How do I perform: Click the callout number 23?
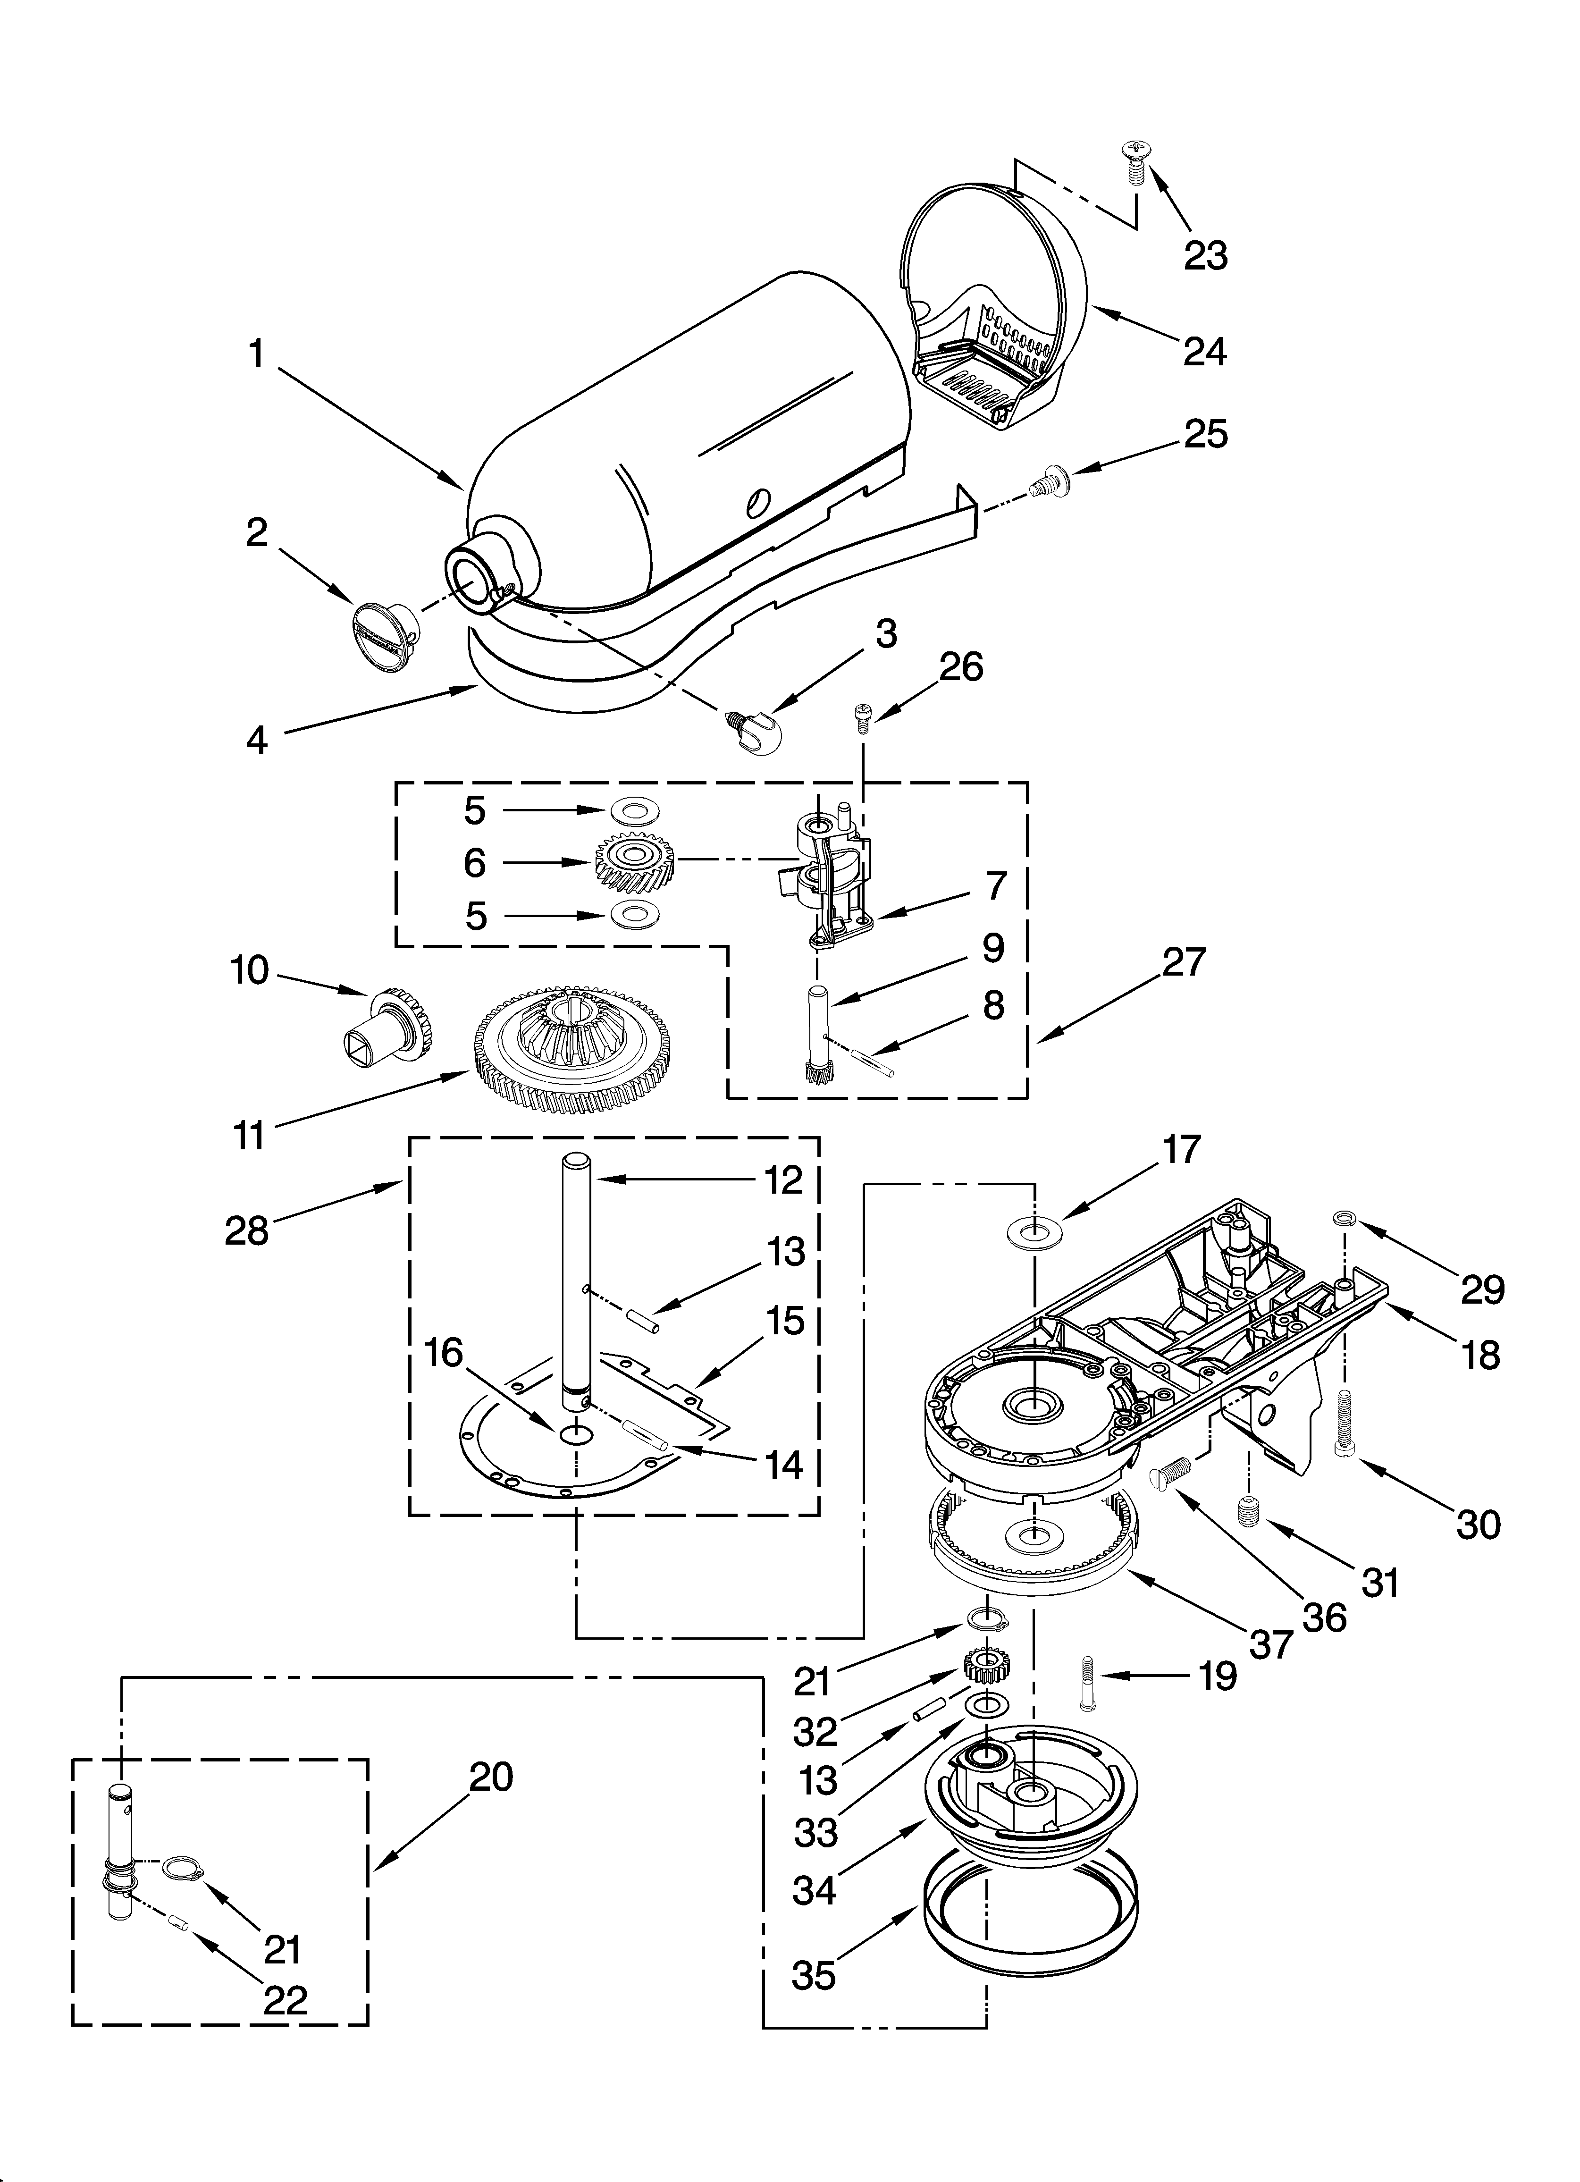[1205, 256]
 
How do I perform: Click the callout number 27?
[1183, 962]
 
